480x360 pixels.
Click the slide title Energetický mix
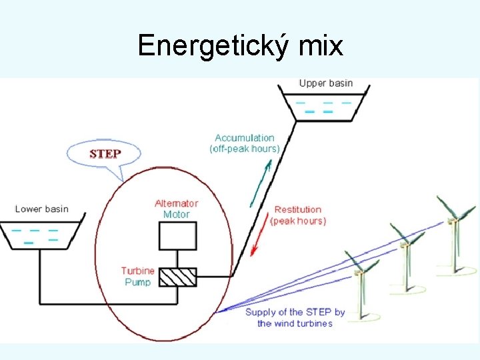pyautogui.click(x=240, y=45)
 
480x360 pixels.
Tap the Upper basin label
pyautogui.click(x=325, y=83)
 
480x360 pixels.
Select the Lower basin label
pyautogui.click(x=41, y=209)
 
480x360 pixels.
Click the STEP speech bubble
pyautogui.click(x=105, y=154)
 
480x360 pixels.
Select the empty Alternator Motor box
pyautogui.click(x=177, y=235)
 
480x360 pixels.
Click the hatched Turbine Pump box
pyautogui.click(x=177, y=277)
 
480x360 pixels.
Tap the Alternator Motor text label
pyautogui.click(x=177, y=209)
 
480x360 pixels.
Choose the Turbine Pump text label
pyautogui.click(x=138, y=277)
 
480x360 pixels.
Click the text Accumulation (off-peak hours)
pyautogui.click(x=245, y=143)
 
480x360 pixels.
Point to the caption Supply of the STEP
pyautogui.click(x=295, y=317)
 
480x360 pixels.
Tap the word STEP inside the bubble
pyautogui.click(x=105, y=153)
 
